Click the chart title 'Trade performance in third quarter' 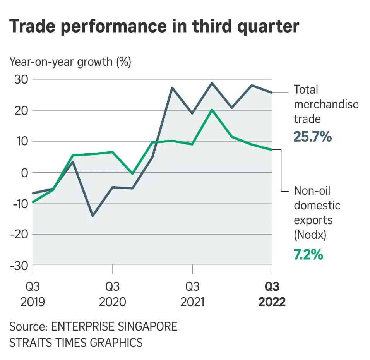click(x=154, y=26)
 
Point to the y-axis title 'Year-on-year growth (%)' click(x=70, y=62)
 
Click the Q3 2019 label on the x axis click(x=33, y=294)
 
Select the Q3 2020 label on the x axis click(x=112, y=294)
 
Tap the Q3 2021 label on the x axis click(x=192, y=294)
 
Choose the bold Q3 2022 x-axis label click(x=272, y=294)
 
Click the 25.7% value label click(x=313, y=136)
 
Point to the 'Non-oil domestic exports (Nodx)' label click(x=317, y=213)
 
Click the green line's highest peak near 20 click(x=212, y=110)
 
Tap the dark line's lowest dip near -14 click(x=92, y=216)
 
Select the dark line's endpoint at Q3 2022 click(x=272, y=93)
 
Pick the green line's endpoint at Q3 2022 click(x=272, y=150)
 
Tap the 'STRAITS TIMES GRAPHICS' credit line click(x=76, y=343)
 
